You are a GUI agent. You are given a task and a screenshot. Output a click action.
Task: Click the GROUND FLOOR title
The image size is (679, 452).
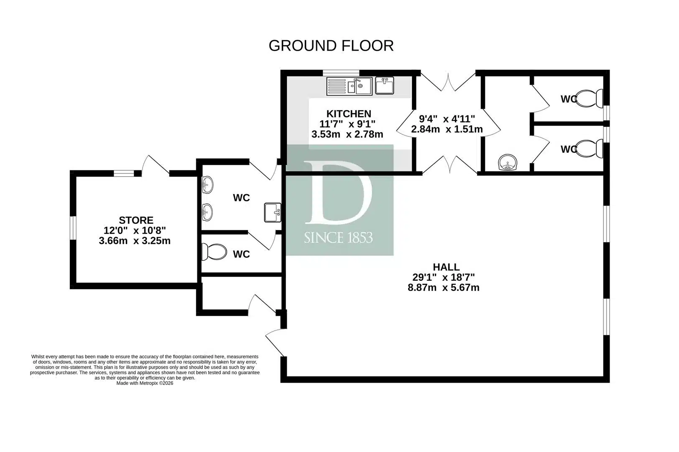(x=331, y=46)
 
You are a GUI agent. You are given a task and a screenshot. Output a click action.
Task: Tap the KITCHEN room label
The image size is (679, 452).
(x=349, y=114)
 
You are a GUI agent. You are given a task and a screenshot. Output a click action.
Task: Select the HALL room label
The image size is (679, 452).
(x=446, y=267)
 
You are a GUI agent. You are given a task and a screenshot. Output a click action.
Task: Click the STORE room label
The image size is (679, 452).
(x=136, y=220)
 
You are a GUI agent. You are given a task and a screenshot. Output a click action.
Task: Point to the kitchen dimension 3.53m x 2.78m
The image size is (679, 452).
(x=347, y=134)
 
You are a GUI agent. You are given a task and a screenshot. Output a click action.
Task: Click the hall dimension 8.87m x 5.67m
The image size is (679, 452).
(x=444, y=287)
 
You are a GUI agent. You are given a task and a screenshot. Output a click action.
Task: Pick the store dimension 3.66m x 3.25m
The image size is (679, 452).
(x=135, y=241)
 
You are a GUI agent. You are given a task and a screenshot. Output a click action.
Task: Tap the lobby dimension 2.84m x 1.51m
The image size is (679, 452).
(x=447, y=129)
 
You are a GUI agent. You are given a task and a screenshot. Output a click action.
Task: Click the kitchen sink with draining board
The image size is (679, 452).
(x=349, y=86)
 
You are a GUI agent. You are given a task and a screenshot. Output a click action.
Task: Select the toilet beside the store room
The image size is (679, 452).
(x=214, y=252)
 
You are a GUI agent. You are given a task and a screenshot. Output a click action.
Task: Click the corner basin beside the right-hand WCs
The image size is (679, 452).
(x=508, y=162)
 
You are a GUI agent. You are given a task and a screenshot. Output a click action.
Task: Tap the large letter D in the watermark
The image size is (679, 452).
(x=338, y=193)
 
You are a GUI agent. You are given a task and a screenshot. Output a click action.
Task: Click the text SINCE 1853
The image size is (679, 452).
(x=338, y=238)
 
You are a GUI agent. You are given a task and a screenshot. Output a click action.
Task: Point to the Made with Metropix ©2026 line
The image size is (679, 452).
(x=145, y=383)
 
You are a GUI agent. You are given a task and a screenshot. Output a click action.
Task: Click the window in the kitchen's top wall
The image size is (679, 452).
(x=341, y=73)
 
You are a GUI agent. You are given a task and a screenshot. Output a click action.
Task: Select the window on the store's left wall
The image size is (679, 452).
(x=73, y=228)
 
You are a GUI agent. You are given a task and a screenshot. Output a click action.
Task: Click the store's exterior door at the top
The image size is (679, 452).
(x=156, y=165)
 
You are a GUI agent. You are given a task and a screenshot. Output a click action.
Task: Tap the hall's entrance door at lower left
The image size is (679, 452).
(x=275, y=342)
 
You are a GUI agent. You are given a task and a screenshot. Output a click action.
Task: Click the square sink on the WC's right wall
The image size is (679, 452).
(x=273, y=213)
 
